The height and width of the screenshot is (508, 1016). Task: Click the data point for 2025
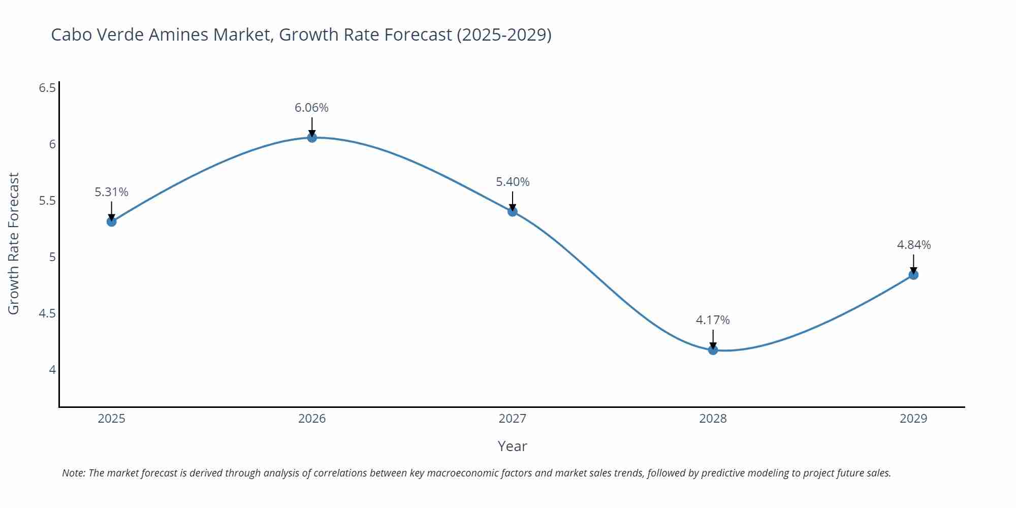point(111,221)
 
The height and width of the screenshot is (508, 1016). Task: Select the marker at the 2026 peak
point(312,137)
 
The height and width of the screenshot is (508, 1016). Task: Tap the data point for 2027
point(512,211)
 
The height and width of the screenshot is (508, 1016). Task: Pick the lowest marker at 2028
point(713,350)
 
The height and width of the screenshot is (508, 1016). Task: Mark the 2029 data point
point(913,275)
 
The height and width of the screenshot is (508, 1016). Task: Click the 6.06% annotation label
point(311,108)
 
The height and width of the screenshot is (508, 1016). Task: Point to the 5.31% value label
point(111,192)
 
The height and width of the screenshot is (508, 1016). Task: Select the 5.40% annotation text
point(512,182)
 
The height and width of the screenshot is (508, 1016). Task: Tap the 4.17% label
point(712,320)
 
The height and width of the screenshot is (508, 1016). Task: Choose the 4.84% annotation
point(913,245)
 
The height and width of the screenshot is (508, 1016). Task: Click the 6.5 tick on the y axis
point(47,88)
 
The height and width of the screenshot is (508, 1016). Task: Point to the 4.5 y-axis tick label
point(47,313)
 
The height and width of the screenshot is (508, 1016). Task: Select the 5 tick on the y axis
point(52,257)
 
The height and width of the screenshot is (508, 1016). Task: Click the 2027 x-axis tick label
point(512,419)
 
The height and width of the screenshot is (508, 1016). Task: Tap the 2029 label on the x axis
point(913,419)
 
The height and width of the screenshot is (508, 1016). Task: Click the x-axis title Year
point(512,446)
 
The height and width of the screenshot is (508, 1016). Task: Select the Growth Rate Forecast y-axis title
point(14,244)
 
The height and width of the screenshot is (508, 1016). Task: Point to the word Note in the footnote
point(73,473)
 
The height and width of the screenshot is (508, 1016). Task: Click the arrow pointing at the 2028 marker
point(713,338)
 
